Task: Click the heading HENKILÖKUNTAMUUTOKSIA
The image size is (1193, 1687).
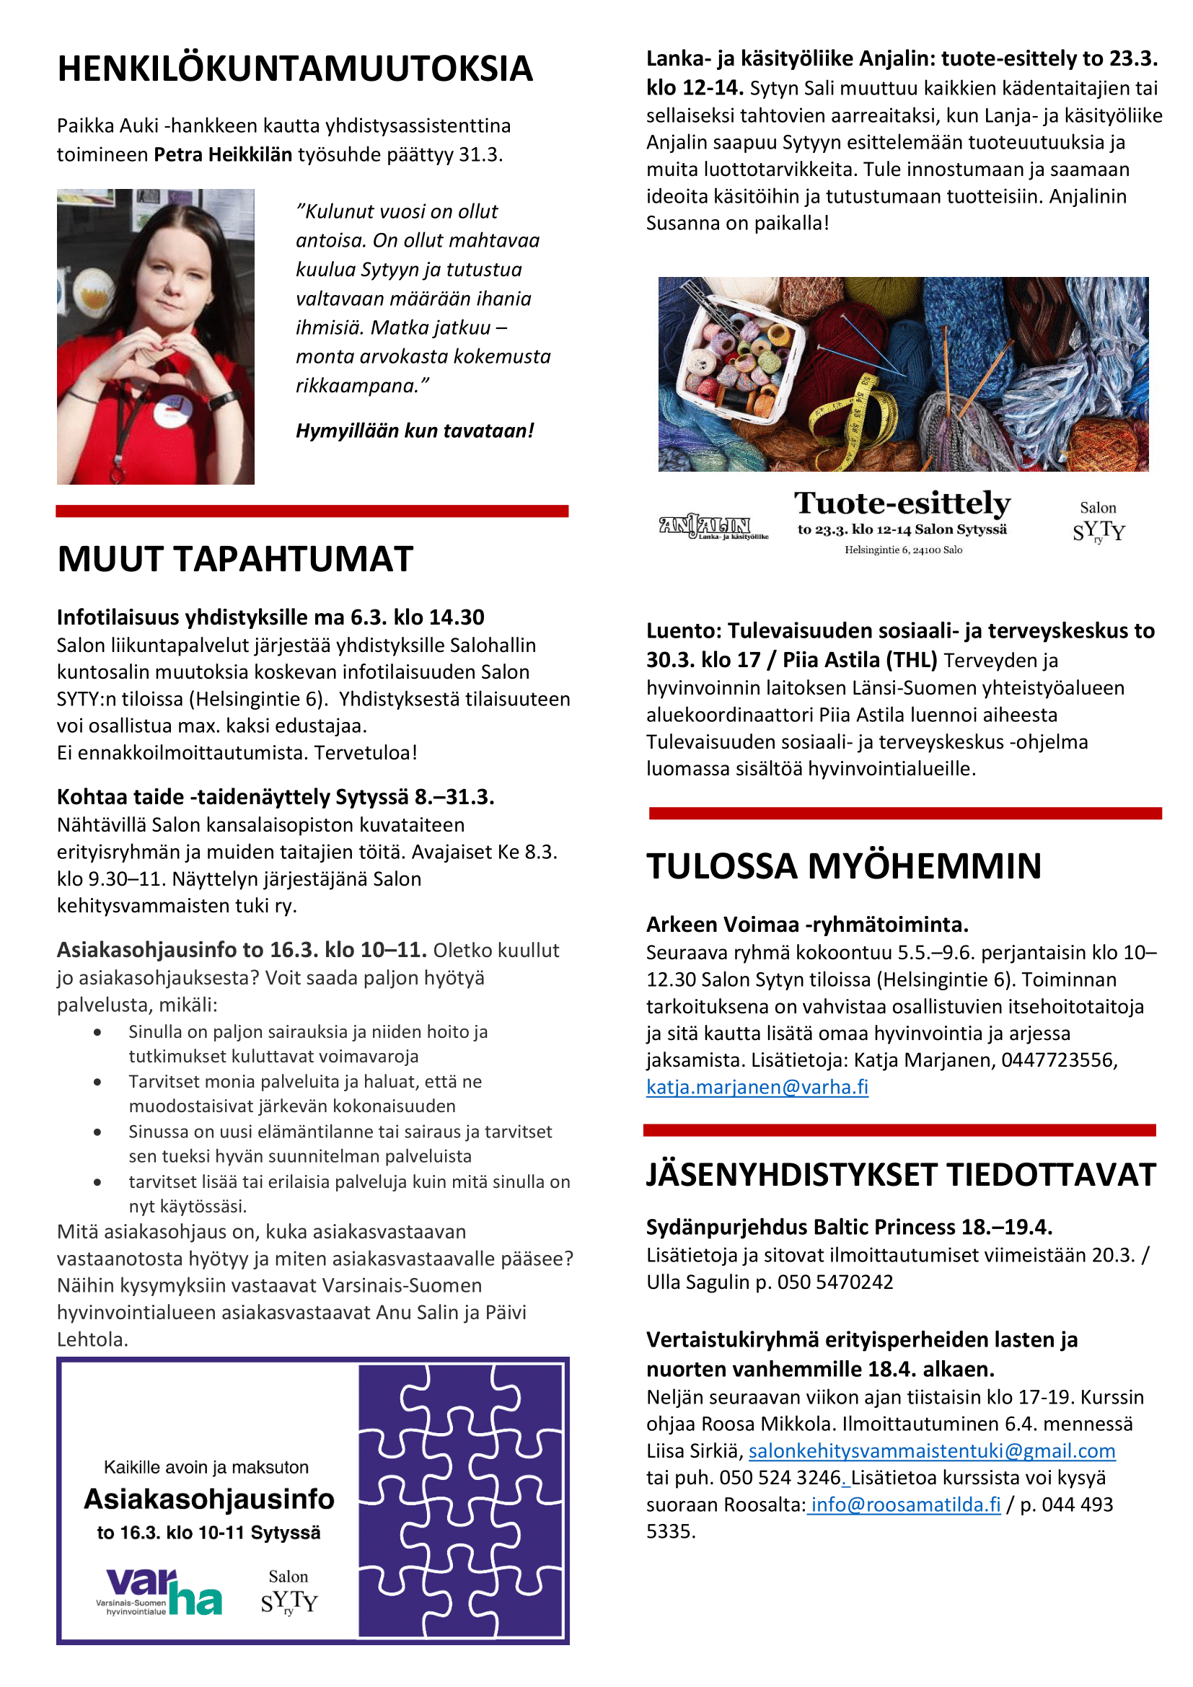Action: (294, 69)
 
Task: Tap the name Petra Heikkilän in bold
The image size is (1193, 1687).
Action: (223, 155)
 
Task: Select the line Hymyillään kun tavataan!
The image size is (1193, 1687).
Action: (414, 431)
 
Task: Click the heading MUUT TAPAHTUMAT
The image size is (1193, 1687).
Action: (235, 559)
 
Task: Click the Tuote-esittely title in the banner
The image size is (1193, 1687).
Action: (902, 504)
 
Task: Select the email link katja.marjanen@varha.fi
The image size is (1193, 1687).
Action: (757, 1087)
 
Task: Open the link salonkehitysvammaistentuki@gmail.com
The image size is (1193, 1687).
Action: (931, 1450)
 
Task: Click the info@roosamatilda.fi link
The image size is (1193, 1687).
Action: (905, 1504)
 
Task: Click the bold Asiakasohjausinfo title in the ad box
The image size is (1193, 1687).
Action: (209, 1499)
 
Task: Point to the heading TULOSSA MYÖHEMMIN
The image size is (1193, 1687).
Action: (843, 866)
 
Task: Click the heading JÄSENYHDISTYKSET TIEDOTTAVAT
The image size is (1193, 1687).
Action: (901, 1175)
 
